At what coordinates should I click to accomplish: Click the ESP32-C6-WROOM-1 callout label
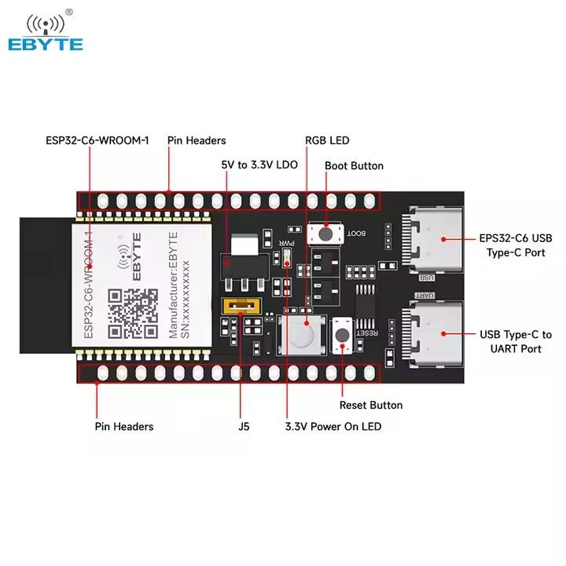tap(97, 141)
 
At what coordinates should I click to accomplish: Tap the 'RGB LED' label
tap(327, 141)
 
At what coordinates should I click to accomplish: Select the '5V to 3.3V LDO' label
tap(259, 166)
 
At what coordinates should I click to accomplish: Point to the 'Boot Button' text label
tap(354, 166)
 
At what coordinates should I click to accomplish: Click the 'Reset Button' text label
tap(371, 405)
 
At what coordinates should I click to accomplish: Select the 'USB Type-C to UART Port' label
tap(516, 342)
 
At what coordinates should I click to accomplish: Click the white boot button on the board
tap(325, 233)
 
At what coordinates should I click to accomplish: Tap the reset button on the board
tap(343, 335)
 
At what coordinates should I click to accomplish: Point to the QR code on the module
tap(133, 314)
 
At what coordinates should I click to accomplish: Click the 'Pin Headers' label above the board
tap(197, 141)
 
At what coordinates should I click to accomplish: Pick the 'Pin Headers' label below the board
tap(124, 426)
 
